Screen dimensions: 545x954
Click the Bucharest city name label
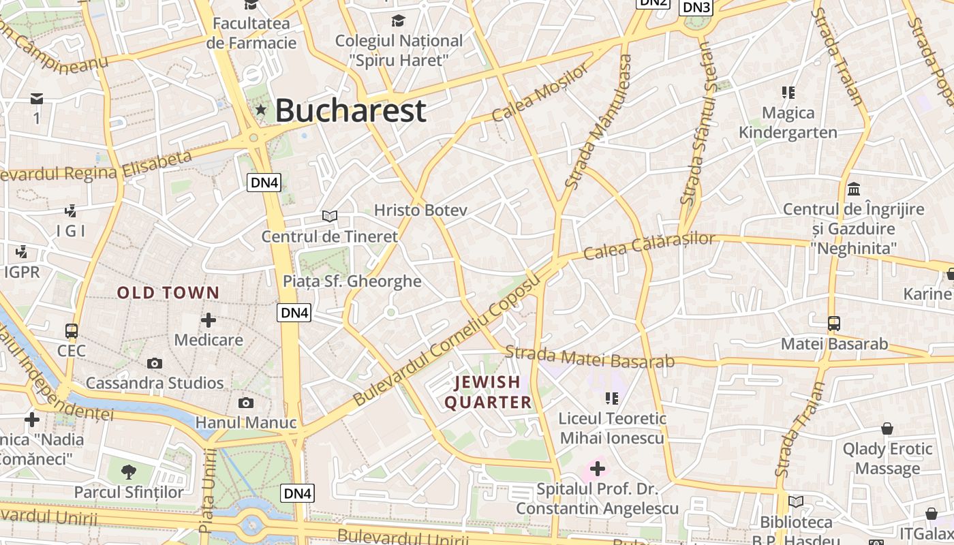350,110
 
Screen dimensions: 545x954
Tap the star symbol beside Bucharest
260,110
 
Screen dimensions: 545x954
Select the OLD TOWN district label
168,293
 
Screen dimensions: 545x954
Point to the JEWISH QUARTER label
488,392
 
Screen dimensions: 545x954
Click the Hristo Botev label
420,210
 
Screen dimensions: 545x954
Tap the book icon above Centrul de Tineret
330,216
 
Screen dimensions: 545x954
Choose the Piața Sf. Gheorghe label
352,281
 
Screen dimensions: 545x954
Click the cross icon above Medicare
209,320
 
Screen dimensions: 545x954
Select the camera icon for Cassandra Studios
155,363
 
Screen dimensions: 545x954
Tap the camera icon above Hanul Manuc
246,403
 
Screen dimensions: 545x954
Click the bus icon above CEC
72,331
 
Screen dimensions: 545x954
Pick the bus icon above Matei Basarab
833,324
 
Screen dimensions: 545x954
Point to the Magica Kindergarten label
788,123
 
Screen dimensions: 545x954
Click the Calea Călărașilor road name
649,246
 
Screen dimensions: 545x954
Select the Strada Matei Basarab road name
590,357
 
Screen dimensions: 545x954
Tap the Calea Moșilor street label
539,93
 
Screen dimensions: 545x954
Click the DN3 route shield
696,7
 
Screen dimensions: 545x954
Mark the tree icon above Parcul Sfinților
128,471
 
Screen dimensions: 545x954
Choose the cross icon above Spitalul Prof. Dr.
598,469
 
